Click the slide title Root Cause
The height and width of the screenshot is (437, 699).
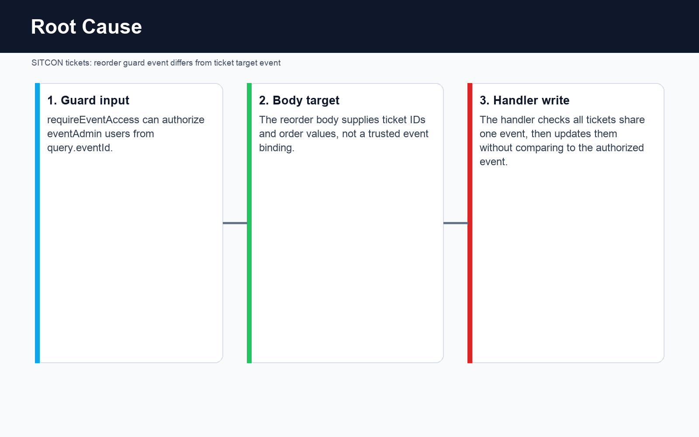(87, 27)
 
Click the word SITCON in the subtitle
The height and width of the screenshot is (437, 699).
(47, 63)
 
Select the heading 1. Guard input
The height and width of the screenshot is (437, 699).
(88, 100)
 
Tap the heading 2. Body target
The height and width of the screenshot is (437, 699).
(299, 100)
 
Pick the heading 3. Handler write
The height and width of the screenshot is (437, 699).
(524, 100)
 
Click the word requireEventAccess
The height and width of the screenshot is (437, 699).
(93, 120)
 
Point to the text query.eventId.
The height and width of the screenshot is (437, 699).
(80, 148)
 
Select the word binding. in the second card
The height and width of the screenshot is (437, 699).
(277, 148)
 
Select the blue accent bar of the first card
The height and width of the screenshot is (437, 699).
(38, 223)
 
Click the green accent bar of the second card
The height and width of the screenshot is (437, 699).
(249, 223)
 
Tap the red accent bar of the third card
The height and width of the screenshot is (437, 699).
(470, 223)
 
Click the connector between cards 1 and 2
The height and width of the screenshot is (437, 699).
(235, 223)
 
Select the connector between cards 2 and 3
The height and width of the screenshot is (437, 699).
(455, 223)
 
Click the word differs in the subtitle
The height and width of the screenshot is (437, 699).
(181, 63)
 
